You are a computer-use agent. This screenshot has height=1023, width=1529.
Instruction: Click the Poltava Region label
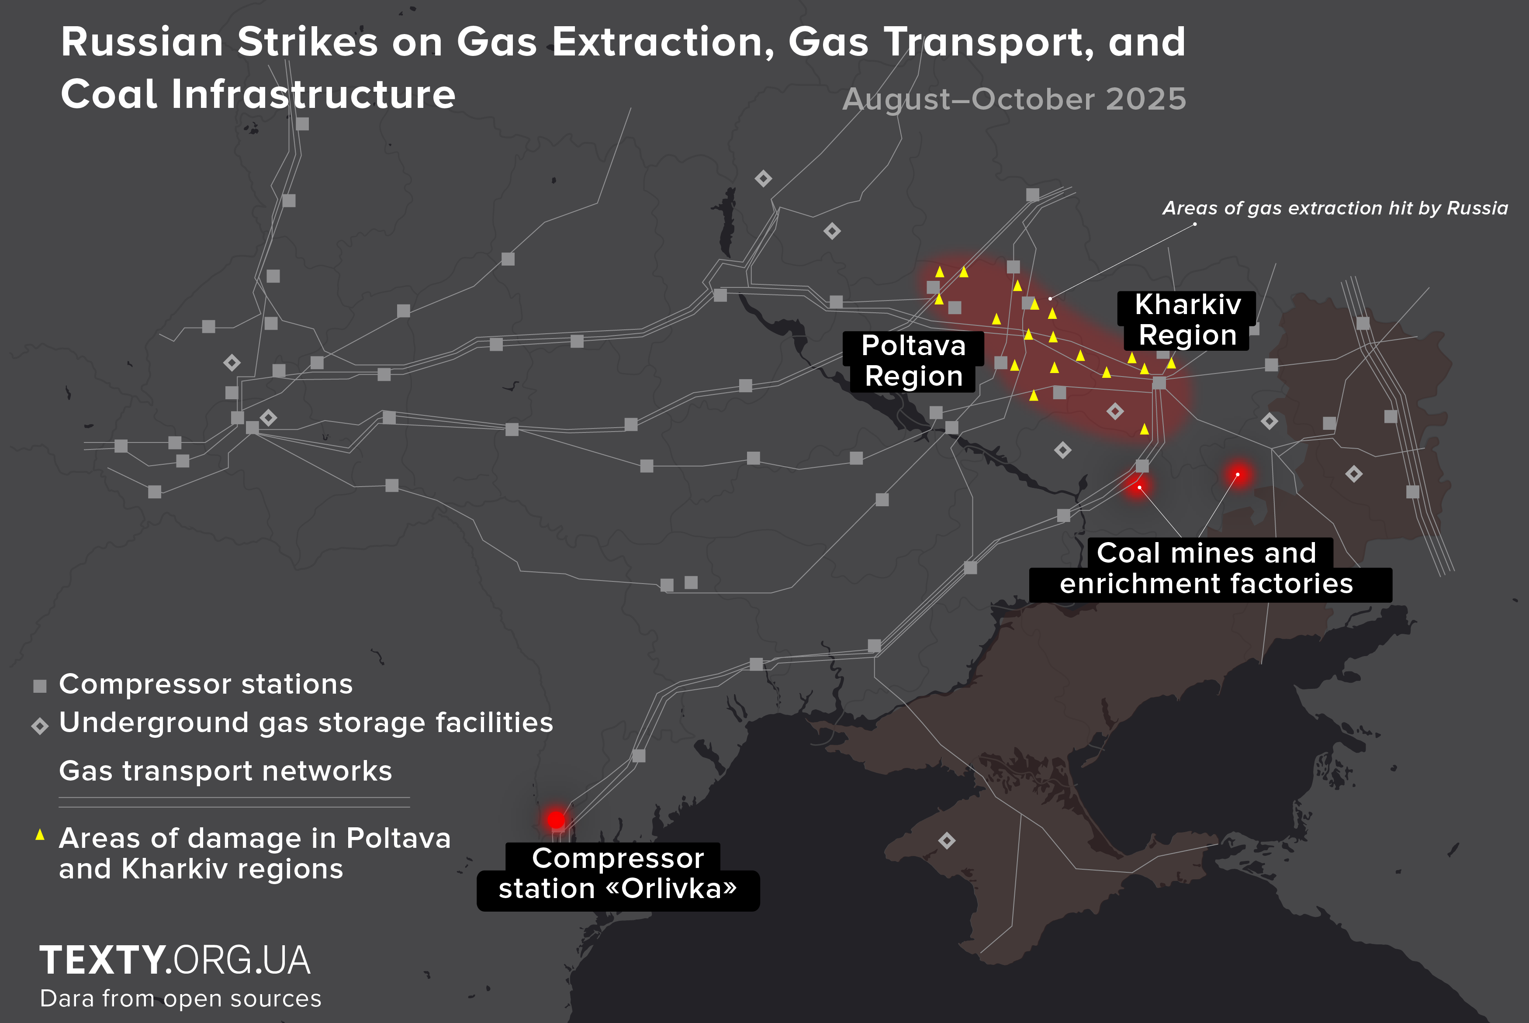click(x=913, y=361)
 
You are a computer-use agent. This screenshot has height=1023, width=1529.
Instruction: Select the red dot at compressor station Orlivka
click(x=556, y=819)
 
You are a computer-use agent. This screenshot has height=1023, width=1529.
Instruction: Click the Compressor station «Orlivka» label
click(x=618, y=874)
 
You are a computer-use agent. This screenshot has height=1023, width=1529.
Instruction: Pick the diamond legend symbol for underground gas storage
click(x=40, y=726)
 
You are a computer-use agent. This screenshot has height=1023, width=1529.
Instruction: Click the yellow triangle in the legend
click(x=40, y=834)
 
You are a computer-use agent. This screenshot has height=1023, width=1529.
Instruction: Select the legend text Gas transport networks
click(x=225, y=771)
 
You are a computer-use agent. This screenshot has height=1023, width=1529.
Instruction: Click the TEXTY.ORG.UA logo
click(x=175, y=961)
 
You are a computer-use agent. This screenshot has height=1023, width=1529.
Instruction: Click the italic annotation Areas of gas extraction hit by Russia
click(x=1335, y=208)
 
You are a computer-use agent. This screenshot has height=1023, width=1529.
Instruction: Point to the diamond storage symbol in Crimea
click(x=947, y=840)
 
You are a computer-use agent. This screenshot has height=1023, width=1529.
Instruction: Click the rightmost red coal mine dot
click(x=1238, y=474)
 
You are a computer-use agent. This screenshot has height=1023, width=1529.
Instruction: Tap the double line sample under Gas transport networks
click(x=234, y=802)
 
